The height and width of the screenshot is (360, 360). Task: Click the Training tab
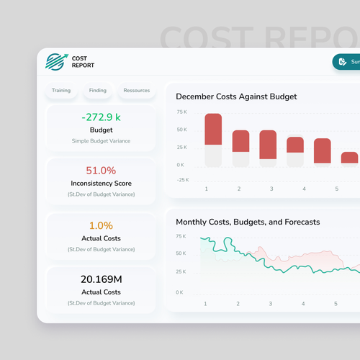60,91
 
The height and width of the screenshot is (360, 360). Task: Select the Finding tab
98,91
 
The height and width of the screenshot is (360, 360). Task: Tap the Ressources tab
136,91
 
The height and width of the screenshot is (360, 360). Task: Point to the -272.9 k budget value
101,117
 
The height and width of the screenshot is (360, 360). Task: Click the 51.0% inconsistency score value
101,171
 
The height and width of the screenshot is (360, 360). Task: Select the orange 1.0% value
101,225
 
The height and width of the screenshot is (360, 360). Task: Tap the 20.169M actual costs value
101,279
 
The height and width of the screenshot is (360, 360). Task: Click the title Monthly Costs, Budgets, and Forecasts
248,222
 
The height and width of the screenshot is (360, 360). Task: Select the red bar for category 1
213,130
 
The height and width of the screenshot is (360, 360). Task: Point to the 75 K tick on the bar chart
181,112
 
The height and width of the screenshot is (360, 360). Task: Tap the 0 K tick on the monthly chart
179,292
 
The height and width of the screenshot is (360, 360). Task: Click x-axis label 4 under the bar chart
304,189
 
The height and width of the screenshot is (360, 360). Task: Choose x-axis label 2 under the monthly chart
238,304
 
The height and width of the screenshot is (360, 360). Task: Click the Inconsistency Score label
101,184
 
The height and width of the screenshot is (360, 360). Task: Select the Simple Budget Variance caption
101,140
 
